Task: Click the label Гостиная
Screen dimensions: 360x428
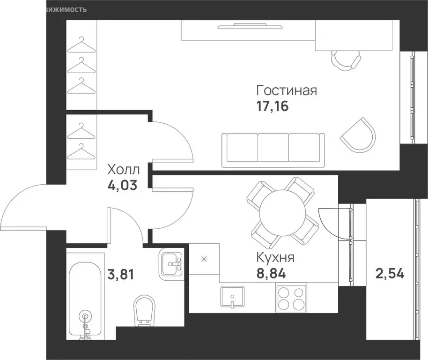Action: (x=287, y=90)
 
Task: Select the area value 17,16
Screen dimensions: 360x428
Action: (x=272, y=106)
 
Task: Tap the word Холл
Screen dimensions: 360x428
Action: (x=122, y=169)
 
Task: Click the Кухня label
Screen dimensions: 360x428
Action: (x=275, y=257)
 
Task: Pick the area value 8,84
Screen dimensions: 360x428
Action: (x=272, y=273)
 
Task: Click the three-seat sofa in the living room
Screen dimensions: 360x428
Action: (x=273, y=149)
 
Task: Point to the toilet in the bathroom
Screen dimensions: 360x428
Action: (x=144, y=310)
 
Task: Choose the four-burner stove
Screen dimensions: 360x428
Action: (x=289, y=298)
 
